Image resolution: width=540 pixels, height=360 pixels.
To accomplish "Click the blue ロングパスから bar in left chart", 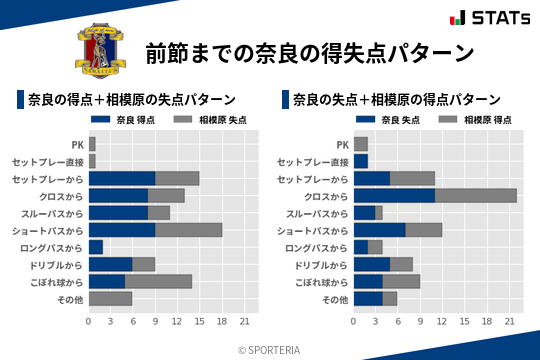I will [96, 247].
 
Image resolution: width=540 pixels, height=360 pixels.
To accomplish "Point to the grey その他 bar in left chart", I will [110, 298].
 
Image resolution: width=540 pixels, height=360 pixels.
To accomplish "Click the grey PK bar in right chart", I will [361, 144].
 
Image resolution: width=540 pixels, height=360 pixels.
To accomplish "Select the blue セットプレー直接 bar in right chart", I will [361, 161].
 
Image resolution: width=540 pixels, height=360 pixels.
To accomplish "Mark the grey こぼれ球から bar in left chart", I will [158, 281].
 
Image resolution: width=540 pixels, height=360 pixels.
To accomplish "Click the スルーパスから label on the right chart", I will [318, 213].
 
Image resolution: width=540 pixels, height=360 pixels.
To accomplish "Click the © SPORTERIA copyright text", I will [270, 349].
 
